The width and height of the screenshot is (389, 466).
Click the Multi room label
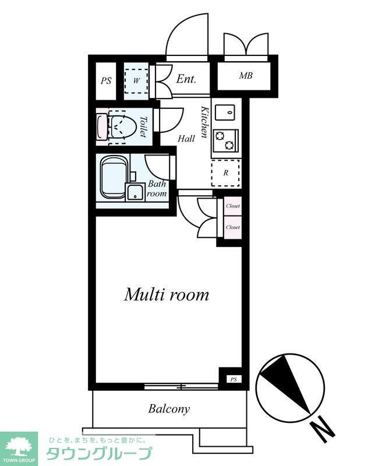coord(167,295)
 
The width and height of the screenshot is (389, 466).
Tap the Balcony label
coord(169,409)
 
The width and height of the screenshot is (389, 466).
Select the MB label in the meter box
coord(246,76)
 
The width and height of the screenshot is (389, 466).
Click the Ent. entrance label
coord(186,79)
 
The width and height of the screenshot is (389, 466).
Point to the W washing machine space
coord(136,80)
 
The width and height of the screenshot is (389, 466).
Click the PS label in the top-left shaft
coord(106,81)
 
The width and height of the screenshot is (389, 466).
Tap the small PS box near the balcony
coord(234,380)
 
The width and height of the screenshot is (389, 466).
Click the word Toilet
coord(143,126)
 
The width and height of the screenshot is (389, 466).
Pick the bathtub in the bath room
coord(113,179)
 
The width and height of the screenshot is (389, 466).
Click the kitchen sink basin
coord(225,112)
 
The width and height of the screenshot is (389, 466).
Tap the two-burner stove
coord(225,140)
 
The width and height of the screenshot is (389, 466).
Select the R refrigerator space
coord(226,173)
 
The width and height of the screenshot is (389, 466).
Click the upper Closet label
coord(233,206)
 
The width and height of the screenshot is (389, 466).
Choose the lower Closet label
coord(233,227)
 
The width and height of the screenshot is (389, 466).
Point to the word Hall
coord(186,139)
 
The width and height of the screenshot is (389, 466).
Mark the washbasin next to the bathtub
coord(136,192)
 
